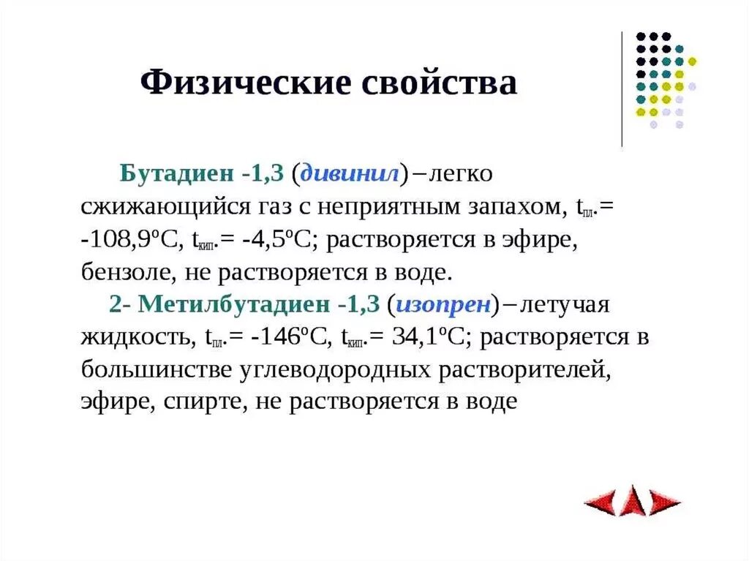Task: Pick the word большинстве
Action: (154, 369)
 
